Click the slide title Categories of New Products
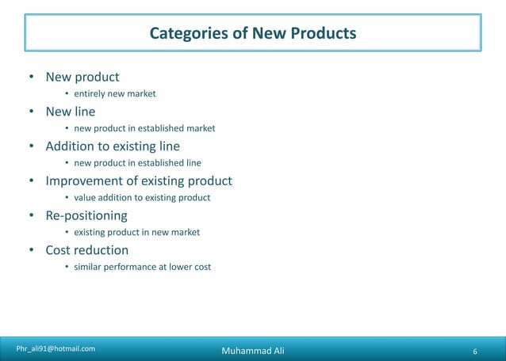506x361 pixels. pyautogui.click(x=253, y=33)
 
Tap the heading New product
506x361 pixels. pyautogui.click(x=82, y=77)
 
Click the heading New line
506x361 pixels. pyautogui.click(x=70, y=112)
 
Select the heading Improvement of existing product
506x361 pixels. pyautogui.click(x=139, y=181)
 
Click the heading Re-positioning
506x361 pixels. pyautogui.click(x=86, y=215)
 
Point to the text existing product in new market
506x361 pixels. pyautogui.click(x=136, y=232)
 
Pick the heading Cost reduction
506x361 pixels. pyautogui.click(x=86, y=250)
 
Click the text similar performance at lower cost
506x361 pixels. pyautogui.click(x=143, y=267)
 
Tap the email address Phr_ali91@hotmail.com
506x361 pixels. pyautogui.click(x=56, y=348)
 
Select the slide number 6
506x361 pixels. pyautogui.click(x=474, y=351)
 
